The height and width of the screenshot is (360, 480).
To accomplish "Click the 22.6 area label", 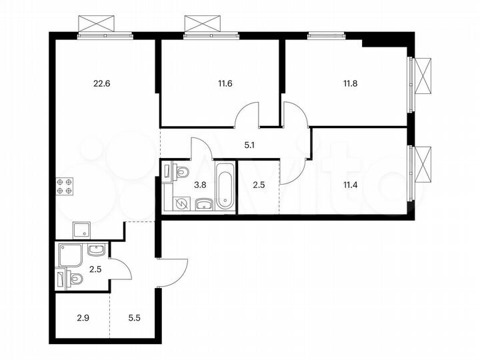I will point(101,84).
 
